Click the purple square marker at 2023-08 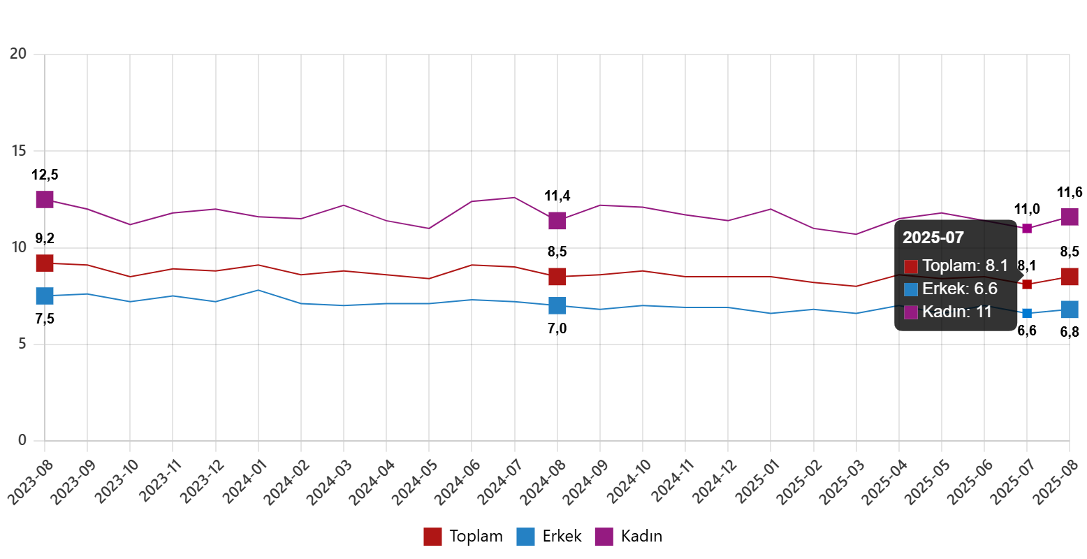tap(45, 200)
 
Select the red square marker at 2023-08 tap(45, 263)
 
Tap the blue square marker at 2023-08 tap(45, 296)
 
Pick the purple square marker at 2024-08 tap(557, 221)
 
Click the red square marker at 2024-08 tap(557, 277)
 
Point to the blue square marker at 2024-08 tap(557, 305)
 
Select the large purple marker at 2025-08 tap(1070, 217)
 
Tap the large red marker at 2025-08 tap(1070, 277)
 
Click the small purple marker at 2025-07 tap(1027, 228)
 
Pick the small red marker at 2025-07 tap(1027, 284)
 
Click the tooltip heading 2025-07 tap(933, 238)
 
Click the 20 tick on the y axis tap(18, 54)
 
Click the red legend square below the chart tap(432, 537)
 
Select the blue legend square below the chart tap(525, 537)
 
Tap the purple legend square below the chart tap(604, 537)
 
